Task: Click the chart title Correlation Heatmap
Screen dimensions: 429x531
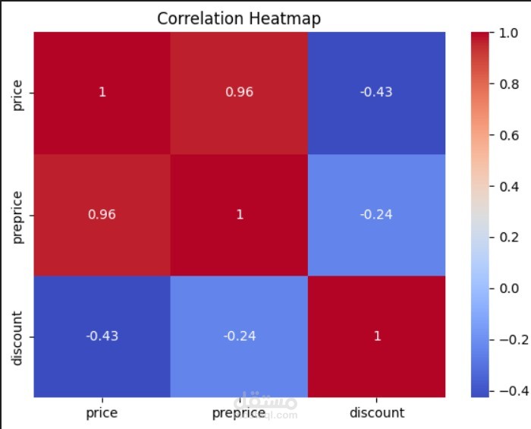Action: (x=239, y=19)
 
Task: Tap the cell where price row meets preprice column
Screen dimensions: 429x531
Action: (x=240, y=93)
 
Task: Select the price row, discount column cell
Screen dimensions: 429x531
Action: (x=377, y=93)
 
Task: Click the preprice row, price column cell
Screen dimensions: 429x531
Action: (x=102, y=214)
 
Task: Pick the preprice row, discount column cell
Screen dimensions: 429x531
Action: (x=377, y=214)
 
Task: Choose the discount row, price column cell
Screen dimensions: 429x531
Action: (x=102, y=336)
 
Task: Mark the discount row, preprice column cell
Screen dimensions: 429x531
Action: (x=240, y=336)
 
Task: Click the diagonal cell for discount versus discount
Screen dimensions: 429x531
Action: (x=377, y=336)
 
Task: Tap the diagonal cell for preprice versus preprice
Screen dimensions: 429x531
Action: (x=240, y=214)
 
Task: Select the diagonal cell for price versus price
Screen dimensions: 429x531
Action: (x=102, y=93)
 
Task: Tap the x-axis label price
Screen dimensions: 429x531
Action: (x=102, y=413)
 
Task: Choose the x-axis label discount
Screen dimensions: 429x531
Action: (x=377, y=413)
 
